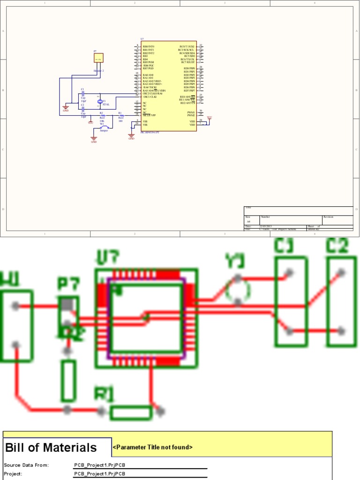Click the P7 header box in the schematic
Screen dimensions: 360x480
pyautogui.click(x=98, y=58)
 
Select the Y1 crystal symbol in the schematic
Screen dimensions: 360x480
pyautogui.click(x=99, y=102)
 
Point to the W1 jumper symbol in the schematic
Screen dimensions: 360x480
pyautogui.click(x=104, y=127)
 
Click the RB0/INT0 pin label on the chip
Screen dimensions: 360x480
pyautogui.click(x=149, y=47)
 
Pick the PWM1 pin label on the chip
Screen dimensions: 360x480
pyautogui.click(x=191, y=112)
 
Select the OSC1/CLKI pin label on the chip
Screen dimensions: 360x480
pyautogui.click(x=150, y=97)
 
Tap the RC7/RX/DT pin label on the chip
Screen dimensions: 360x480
pyautogui.click(x=188, y=62)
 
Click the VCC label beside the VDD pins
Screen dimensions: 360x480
pyautogui.click(x=209, y=118)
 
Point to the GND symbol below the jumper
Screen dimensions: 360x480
pyautogui.click(x=94, y=139)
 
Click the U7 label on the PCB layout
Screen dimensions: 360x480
pyautogui.click(x=107, y=257)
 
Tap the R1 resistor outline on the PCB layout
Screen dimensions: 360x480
pyautogui.click(x=131, y=412)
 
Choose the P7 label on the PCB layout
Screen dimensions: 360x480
pyautogui.click(x=69, y=284)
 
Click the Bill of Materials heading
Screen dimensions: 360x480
pyautogui.click(x=51, y=448)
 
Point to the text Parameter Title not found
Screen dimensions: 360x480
pyautogui.click(x=153, y=448)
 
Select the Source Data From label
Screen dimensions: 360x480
pyautogui.click(x=26, y=465)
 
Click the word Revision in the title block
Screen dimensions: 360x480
pyautogui.click(x=329, y=217)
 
